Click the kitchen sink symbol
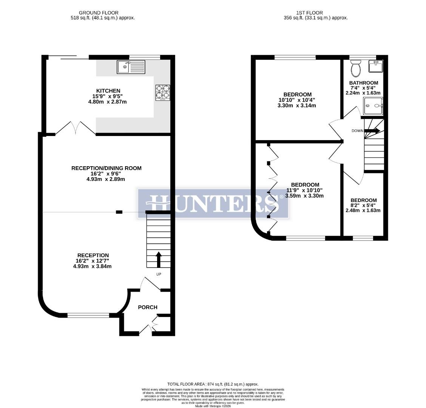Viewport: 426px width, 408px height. (x=131, y=67)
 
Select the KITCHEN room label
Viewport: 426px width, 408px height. (x=108, y=91)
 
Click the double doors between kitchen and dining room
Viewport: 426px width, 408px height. (x=76, y=128)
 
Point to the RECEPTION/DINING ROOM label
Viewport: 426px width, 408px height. (x=106, y=168)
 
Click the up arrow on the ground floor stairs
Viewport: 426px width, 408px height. (x=158, y=260)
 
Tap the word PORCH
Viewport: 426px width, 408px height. (x=147, y=307)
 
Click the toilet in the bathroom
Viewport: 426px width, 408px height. (x=355, y=68)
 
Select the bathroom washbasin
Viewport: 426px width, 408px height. (x=376, y=66)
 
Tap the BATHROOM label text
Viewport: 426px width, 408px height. (x=363, y=83)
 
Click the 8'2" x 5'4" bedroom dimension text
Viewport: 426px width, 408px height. (x=363, y=206)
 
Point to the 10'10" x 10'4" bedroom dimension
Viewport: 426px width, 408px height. (x=297, y=100)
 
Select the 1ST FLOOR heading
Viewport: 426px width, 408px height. (x=315, y=13)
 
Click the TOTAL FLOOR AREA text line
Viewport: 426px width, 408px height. (x=213, y=384)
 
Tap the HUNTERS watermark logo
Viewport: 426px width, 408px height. (x=213, y=203)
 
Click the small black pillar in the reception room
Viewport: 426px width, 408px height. (x=119, y=212)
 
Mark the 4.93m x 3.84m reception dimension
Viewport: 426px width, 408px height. (x=93, y=266)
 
